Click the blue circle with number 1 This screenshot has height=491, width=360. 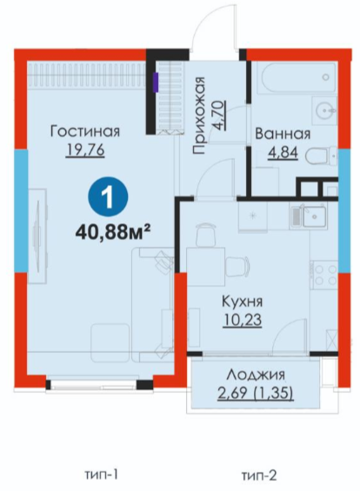tap(108, 197)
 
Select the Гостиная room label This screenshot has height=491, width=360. tap(85, 131)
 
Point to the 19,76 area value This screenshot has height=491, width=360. tap(85, 150)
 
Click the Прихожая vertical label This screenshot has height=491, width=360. tap(198, 116)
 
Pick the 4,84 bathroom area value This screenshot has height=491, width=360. tap(283, 154)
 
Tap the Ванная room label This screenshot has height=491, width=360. tap(283, 134)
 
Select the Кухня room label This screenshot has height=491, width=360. tap(243, 302)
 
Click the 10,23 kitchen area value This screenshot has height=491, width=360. tap(243, 321)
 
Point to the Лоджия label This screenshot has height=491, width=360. tap(256, 375)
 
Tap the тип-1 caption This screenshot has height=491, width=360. tap(101, 475)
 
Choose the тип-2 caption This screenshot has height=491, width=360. tap(259, 476)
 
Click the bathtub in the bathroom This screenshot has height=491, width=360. tap(297, 77)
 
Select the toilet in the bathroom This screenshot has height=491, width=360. tap(320, 156)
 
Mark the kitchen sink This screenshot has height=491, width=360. tap(309, 216)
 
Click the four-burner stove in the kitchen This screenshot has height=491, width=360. tap(324, 275)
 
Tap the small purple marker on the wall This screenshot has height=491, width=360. tap(156, 83)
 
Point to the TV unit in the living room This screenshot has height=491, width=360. tap(37, 236)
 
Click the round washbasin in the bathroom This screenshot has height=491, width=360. tap(324, 109)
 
